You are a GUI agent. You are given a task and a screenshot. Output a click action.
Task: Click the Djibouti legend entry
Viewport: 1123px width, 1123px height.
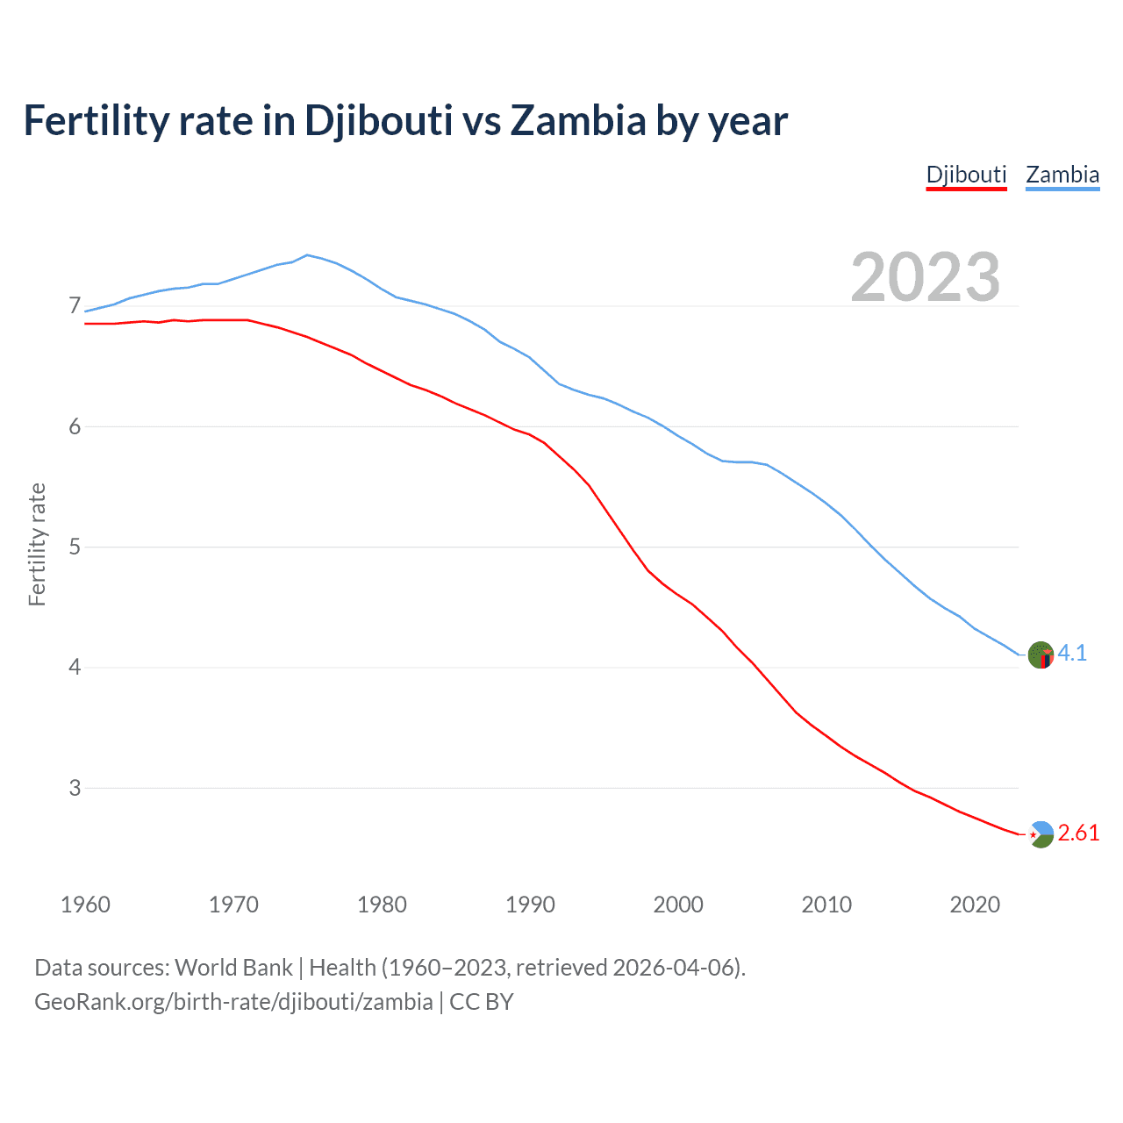pos(966,175)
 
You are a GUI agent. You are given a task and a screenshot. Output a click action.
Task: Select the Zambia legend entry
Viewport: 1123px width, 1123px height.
pos(1062,175)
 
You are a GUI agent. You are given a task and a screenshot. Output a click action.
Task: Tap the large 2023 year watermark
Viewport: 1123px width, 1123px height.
pos(925,277)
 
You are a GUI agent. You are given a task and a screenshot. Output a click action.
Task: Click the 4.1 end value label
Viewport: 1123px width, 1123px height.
pos(1072,653)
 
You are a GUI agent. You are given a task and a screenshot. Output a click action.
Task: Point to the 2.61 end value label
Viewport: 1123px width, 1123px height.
pos(1078,833)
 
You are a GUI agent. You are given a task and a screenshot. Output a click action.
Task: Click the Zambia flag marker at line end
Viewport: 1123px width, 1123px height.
pos(1041,654)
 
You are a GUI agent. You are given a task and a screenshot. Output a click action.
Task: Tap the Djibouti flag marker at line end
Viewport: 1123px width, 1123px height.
pos(1041,834)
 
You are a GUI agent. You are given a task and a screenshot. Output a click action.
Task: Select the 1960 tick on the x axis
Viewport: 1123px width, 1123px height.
pos(85,905)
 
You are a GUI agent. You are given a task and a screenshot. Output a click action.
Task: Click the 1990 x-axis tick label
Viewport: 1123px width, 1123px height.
pos(530,905)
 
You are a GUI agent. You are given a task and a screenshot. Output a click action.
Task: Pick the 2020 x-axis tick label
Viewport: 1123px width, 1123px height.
pos(975,905)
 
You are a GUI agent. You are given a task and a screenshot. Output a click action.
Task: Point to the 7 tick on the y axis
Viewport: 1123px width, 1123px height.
pos(75,306)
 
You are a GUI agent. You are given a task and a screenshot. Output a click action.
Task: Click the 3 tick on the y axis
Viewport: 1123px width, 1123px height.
pos(75,788)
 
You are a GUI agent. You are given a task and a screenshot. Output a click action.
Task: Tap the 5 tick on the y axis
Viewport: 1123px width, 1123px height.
pos(75,547)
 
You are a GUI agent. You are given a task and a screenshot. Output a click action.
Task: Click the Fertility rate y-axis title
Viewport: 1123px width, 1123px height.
pos(37,544)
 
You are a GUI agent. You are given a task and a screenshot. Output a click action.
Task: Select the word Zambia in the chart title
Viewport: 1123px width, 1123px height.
pos(578,120)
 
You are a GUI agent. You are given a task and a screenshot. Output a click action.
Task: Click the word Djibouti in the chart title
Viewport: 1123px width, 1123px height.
pos(378,120)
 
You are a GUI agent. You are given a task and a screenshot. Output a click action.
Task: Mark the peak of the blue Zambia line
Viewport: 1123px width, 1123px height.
pos(306,254)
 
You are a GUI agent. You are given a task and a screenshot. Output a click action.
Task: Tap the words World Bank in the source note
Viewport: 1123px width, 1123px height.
pos(233,968)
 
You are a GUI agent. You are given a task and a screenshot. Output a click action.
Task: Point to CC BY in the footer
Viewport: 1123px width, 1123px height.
pos(482,1002)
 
